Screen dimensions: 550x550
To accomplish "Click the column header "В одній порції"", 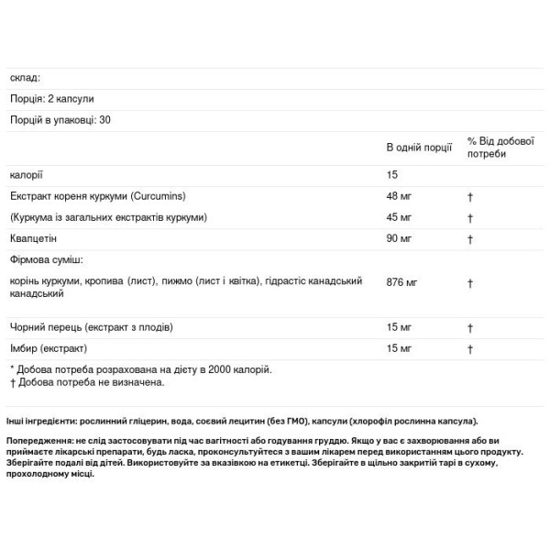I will (418, 148).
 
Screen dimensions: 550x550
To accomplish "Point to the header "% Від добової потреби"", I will (500, 148).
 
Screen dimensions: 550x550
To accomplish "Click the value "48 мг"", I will (400, 196).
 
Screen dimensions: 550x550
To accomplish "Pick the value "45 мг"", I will (400, 217).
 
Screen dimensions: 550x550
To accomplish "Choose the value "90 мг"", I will (400, 239).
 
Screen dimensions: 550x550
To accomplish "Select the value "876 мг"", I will (402, 283).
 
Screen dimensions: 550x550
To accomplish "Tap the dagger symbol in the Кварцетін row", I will (469, 239).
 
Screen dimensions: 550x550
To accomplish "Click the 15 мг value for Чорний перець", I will (400, 327).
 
